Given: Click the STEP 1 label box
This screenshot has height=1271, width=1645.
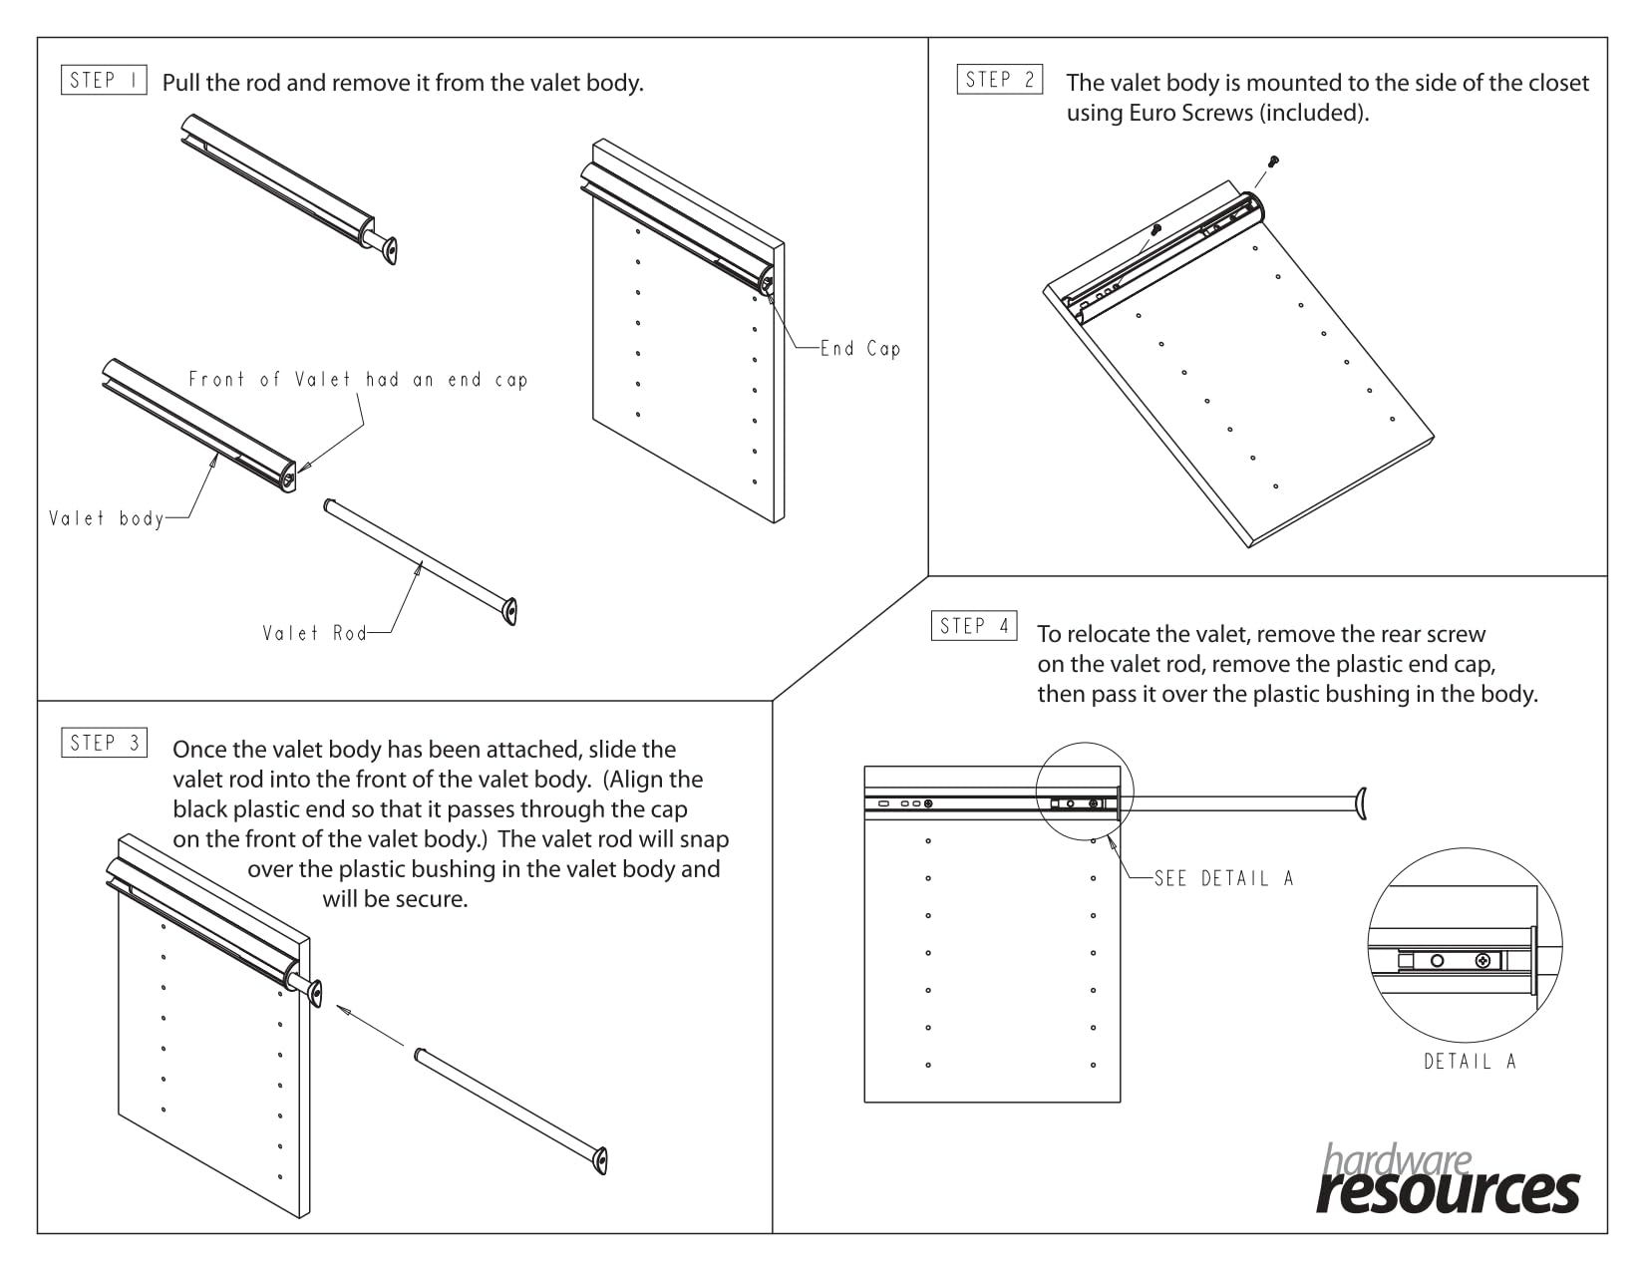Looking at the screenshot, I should tap(104, 80).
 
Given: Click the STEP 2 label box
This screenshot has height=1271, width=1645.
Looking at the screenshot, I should tap(1000, 79).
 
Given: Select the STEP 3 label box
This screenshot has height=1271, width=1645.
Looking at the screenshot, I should tap(104, 743).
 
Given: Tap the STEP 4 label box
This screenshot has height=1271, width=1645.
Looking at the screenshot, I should tap(974, 626).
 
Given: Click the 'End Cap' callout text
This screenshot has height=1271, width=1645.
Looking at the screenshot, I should tap(860, 349).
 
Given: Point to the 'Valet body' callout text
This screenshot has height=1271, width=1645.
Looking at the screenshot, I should tap(106, 518).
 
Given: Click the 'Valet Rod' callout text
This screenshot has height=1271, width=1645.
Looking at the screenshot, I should tap(314, 633).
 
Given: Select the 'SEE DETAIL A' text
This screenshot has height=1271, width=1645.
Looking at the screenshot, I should tap(1223, 878).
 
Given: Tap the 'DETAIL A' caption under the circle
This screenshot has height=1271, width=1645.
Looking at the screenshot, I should tap(1470, 1062).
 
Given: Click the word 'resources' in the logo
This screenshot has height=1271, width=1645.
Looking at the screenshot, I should tap(1448, 1190).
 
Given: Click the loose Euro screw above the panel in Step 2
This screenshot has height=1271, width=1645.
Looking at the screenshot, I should tap(1273, 160).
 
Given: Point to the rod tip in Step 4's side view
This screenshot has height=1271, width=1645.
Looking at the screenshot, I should tap(1360, 802).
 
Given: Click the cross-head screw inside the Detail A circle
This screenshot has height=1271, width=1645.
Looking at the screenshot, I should tap(1484, 961).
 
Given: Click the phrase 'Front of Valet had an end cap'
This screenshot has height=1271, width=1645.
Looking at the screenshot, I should tap(358, 380).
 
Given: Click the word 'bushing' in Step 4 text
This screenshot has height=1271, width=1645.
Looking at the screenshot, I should tap(1368, 694).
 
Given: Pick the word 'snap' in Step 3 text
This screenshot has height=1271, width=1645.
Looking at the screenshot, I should tap(705, 839).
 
